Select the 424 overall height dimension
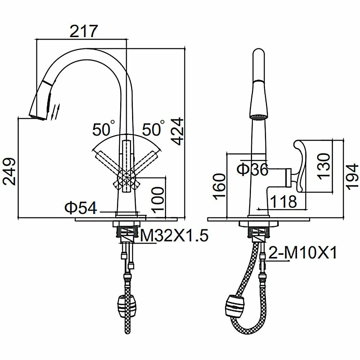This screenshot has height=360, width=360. (x=178, y=131)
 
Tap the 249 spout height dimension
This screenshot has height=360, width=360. (x=9, y=171)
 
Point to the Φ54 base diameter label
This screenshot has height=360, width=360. (x=81, y=208)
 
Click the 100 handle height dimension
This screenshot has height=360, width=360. (x=158, y=199)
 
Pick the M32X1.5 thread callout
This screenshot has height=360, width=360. (x=174, y=235)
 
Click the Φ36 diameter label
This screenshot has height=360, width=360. (x=253, y=169)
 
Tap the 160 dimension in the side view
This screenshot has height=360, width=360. (x=220, y=186)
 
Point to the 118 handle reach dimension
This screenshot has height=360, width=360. (x=284, y=201)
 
